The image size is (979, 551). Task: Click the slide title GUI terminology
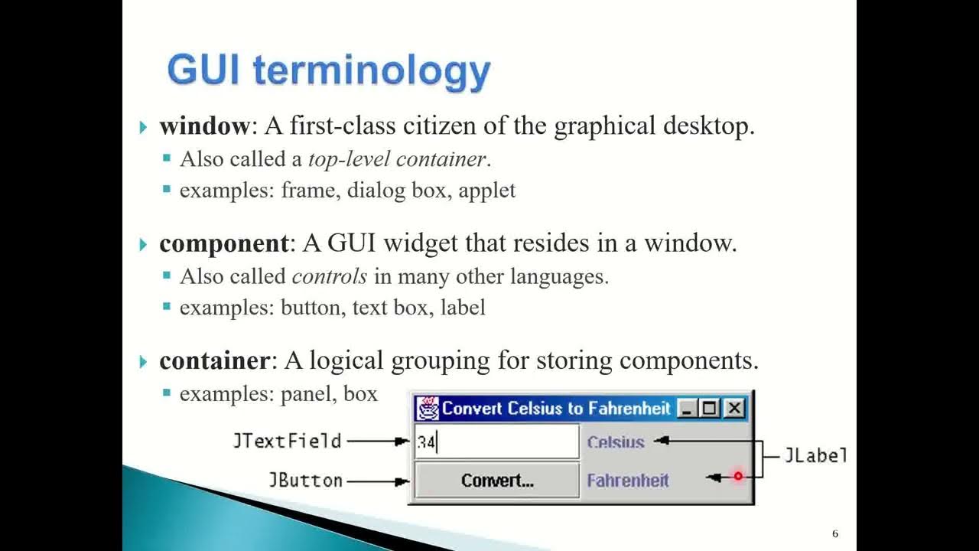click(x=328, y=70)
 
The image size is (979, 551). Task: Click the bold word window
click(x=203, y=126)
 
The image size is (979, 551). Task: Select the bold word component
click(x=223, y=243)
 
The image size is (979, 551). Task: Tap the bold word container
click(x=214, y=360)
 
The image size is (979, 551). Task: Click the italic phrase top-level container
click(x=396, y=159)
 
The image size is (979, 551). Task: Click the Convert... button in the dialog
click(x=497, y=481)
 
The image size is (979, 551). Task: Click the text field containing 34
click(x=496, y=442)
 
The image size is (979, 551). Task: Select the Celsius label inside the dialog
click(x=616, y=442)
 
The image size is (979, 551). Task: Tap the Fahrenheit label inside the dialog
click(x=628, y=481)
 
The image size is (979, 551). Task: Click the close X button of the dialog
click(x=734, y=409)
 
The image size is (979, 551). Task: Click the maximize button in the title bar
click(x=711, y=409)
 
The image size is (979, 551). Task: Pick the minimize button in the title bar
click(x=688, y=409)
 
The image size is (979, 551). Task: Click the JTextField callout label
click(x=287, y=441)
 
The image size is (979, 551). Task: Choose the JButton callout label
click(x=305, y=481)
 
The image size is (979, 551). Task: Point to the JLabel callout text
click(x=815, y=456)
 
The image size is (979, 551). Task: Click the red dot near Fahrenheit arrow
click(x=738, y=476)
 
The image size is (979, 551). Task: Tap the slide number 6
click(x=835, y=533)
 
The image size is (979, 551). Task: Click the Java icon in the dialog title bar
click(x=428, y=409)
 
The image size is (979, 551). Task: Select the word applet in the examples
click(x=486, y=190)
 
